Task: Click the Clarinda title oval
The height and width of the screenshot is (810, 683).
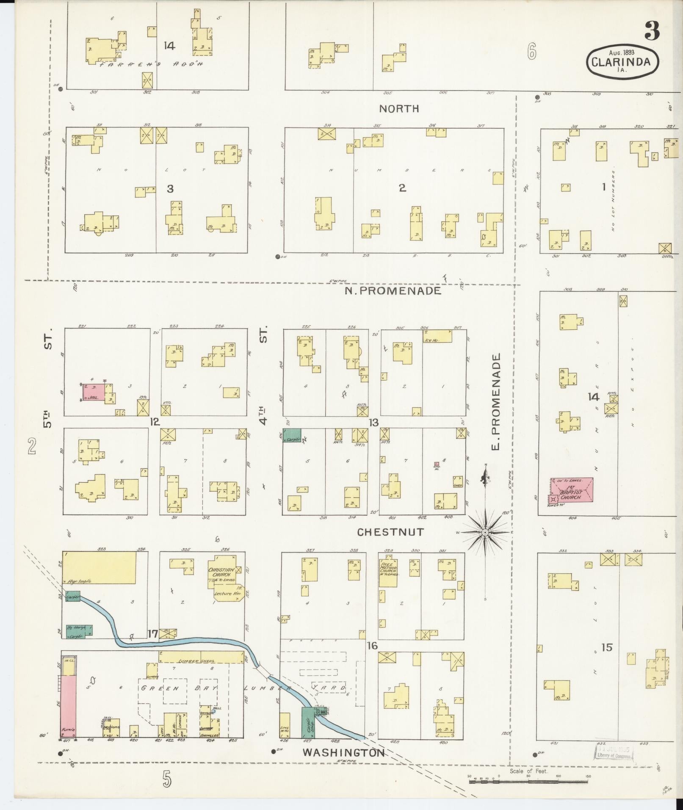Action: [622, 61]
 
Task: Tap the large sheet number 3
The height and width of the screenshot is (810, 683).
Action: [652, 30]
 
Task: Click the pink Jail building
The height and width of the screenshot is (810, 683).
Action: [94, 393]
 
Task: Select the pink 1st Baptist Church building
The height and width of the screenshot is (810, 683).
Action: [573, 490]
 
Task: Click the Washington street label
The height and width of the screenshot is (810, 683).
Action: [343, 752]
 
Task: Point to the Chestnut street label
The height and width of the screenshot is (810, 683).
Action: [390, 532]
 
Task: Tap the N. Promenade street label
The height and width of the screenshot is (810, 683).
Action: [393, 290]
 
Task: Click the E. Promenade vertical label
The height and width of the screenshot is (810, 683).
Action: [496, 402]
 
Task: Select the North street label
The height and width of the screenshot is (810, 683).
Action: [399, 108]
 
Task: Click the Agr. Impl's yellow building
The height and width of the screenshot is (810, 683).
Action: [100, 568]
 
